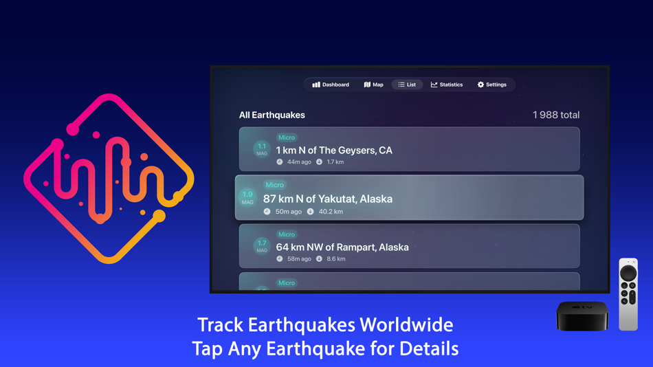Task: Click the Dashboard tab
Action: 331,85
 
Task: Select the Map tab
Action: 374,85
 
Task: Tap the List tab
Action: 407,85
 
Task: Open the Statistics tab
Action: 447,85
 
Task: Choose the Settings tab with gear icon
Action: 492,85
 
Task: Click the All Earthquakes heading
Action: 272,115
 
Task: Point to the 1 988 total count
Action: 555,115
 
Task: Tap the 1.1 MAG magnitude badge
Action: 262,149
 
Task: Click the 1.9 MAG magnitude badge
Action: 247,198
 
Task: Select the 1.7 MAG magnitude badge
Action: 262,246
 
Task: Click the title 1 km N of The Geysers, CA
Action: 334,150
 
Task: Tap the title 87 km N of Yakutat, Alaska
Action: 328,199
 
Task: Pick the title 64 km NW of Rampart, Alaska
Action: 342,247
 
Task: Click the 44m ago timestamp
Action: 299,162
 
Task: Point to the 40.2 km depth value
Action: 331,212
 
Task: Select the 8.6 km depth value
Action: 336,259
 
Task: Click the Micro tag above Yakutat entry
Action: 274,185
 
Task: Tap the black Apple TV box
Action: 582,316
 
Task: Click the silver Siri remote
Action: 628,294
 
